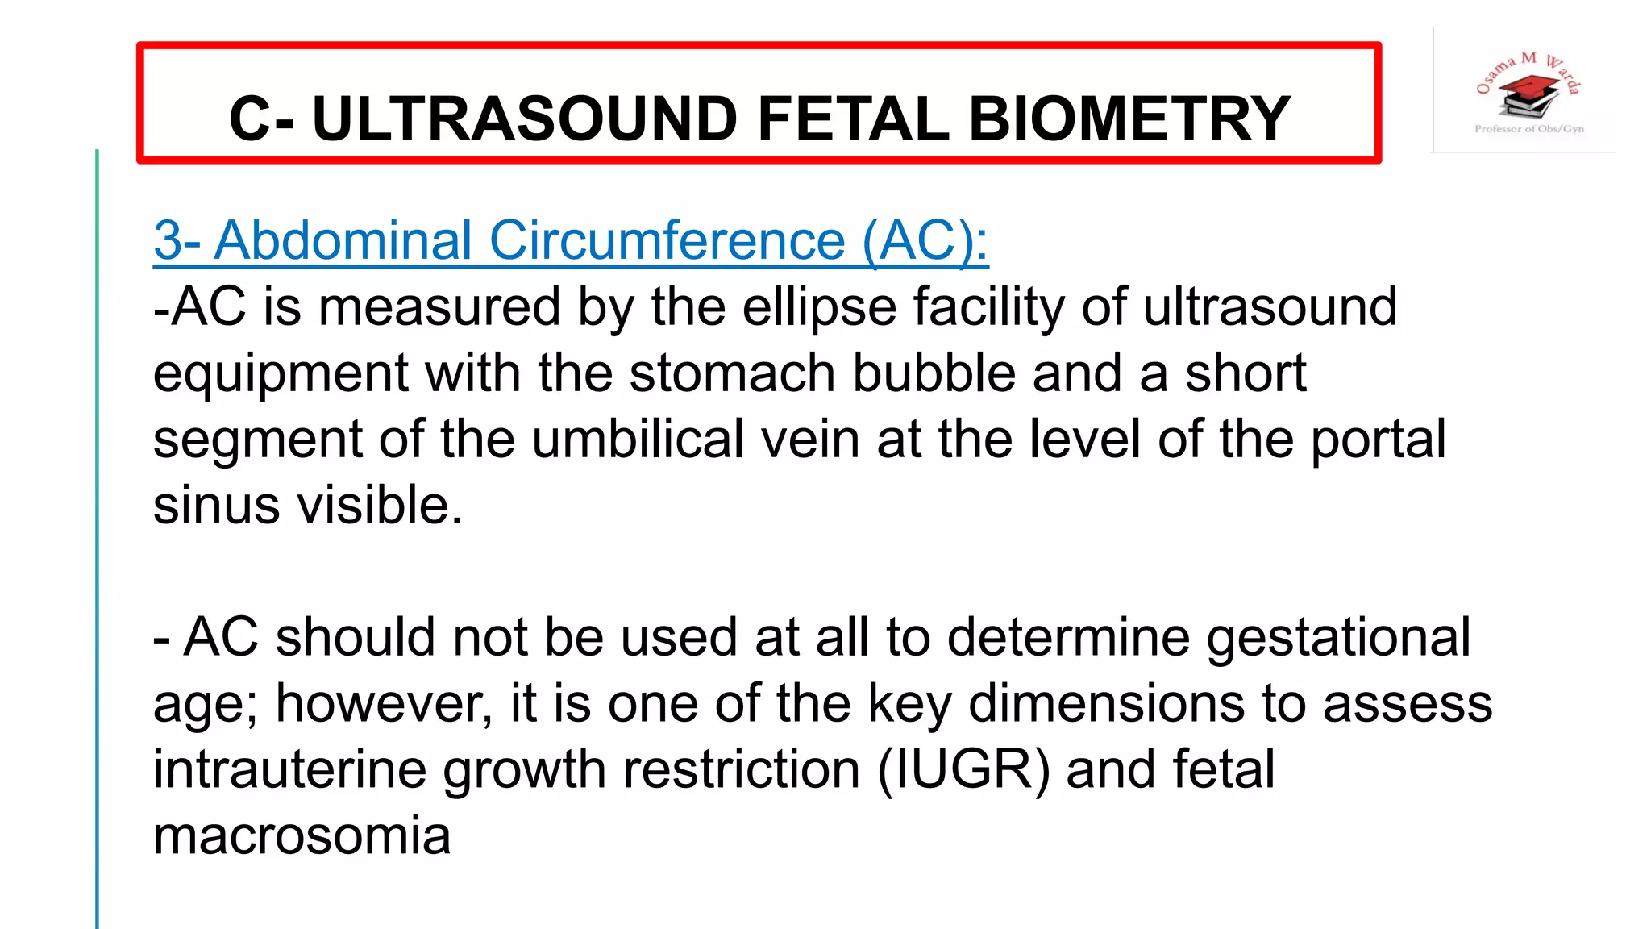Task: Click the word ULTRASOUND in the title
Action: tap(524, 119)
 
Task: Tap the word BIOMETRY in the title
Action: tap(1129, 119)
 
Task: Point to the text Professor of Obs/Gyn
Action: tap(1529, 129)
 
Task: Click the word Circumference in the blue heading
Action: tap(667, 240)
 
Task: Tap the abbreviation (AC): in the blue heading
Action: tap(925, 240)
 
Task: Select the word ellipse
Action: tap(818, 307)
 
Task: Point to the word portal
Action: tap(1378, 440)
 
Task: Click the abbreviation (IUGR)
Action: tap(963, 769)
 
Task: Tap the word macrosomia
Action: tap(302, 835)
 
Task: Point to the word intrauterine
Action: tap(290, 769)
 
